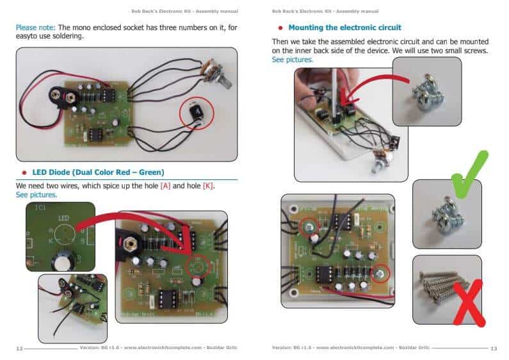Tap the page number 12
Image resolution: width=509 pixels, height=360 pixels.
tap(20, 348)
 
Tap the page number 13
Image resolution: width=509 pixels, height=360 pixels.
tap(493, 348)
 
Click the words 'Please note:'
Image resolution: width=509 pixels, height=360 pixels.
tap(35, 28)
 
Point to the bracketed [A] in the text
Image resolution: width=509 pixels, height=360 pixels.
tap(165, 185)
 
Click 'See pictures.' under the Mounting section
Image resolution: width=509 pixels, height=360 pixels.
tap(293, 60)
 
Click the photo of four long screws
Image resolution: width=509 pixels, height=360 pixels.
tap(446, 290)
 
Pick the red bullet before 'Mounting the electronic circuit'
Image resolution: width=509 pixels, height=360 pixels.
tap(280, 28)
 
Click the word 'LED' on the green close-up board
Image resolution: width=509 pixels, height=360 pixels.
tap(63, 218)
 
